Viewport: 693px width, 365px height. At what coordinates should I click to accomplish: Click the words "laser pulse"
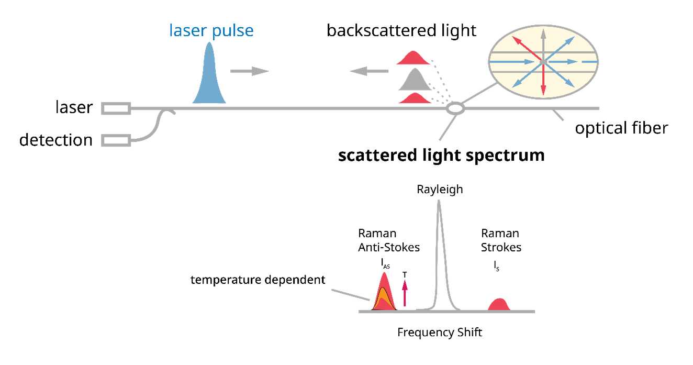pos(211,31)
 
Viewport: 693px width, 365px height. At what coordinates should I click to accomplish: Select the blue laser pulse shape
pos(209,79)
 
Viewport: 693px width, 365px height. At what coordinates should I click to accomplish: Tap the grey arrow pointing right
pos(250,71)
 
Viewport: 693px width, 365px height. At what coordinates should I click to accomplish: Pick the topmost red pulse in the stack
pos(413,59)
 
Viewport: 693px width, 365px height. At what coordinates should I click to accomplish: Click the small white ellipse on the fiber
pos(455,108)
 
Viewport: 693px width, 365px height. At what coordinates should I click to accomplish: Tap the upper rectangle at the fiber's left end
pos(116,108)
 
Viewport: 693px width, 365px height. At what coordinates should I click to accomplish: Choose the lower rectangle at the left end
pos(116,140)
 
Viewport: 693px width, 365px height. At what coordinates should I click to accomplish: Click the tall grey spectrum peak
pos(439,246)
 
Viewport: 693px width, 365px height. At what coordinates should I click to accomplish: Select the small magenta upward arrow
pos(405,293)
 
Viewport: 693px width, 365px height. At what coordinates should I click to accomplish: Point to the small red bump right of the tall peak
pos(499,304)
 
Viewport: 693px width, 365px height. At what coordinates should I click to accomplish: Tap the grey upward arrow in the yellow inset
pos(543,42)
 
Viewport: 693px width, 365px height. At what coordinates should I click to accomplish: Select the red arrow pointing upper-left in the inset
pos(526,47)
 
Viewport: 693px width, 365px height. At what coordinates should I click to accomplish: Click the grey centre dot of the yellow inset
pos(543,62)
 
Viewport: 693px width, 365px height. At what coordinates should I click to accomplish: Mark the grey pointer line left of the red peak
pos(351,295)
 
